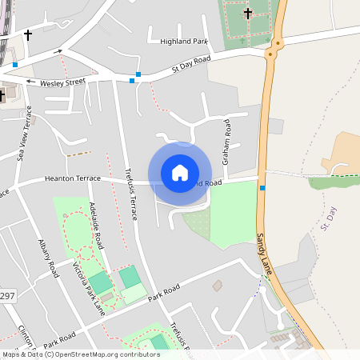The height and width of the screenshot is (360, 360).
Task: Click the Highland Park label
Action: [x=184, y=41]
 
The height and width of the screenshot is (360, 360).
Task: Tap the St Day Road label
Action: [x=191, y=64]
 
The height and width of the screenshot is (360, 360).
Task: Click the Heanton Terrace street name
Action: [x=73, y=178]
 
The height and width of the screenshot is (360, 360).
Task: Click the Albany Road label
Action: [x=49, y=258]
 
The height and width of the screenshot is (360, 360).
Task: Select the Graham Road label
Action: [x=227, y=142]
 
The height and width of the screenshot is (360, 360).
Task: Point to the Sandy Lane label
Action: [x=266, y=254]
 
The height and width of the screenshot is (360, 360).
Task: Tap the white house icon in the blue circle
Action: [x=180, y=173]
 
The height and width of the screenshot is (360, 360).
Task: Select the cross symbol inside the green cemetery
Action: [x=248, y=13]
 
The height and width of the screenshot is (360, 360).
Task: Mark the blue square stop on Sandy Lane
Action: [x=262, y=188]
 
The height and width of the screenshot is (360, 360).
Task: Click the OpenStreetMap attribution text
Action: [x=81, y=354]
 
